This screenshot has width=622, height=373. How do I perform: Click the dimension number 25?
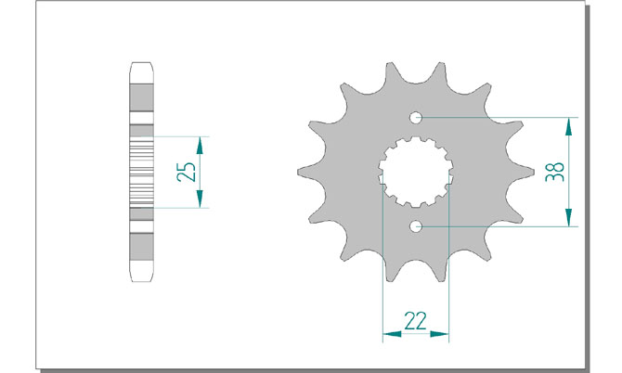coord(187,172)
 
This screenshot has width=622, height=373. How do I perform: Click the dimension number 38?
coord(554,172)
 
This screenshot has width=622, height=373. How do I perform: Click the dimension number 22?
coord(415,321)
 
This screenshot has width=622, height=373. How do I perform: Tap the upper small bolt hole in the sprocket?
coord(416,117)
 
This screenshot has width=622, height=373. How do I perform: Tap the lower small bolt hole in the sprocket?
coord(416,226)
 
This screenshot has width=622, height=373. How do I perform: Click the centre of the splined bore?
coord(416,172)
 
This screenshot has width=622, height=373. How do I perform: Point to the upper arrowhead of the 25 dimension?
coord(200,146)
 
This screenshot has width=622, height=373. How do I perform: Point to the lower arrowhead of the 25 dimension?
coord(200,199)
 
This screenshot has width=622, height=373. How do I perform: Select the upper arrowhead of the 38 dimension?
coord(569,127)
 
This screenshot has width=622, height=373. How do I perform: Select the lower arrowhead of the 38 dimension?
coord(569,217)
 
